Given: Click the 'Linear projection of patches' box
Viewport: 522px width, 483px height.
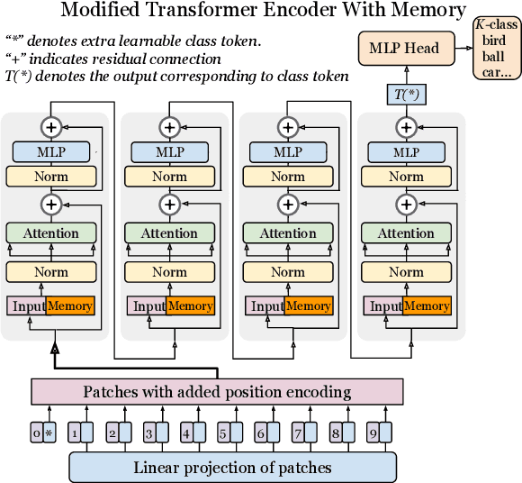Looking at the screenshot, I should (x=232, y=467).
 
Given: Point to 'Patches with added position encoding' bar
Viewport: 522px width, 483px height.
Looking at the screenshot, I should (x=216, y=392).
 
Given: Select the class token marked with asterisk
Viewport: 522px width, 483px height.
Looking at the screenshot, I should (x=49, y=433).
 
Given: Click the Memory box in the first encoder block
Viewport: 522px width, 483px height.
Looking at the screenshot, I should (x=70, y=306).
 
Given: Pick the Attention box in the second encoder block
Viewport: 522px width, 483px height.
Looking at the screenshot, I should (x=169, y=233).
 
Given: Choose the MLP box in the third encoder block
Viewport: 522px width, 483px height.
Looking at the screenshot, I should (x=288, y=152).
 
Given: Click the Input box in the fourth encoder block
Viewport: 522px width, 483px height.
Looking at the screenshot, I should (x=384, y=306).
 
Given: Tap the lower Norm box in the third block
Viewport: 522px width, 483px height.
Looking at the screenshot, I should (x=288, y=271).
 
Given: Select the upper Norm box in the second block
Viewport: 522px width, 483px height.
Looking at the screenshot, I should (x=169, y=177).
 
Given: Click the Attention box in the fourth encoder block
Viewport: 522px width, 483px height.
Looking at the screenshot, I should (x=406, y=233).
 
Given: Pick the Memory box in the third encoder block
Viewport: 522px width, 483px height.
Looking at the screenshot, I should (x=309, y=306).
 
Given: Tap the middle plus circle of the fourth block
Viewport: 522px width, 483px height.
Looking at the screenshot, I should (x=406, y=205).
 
